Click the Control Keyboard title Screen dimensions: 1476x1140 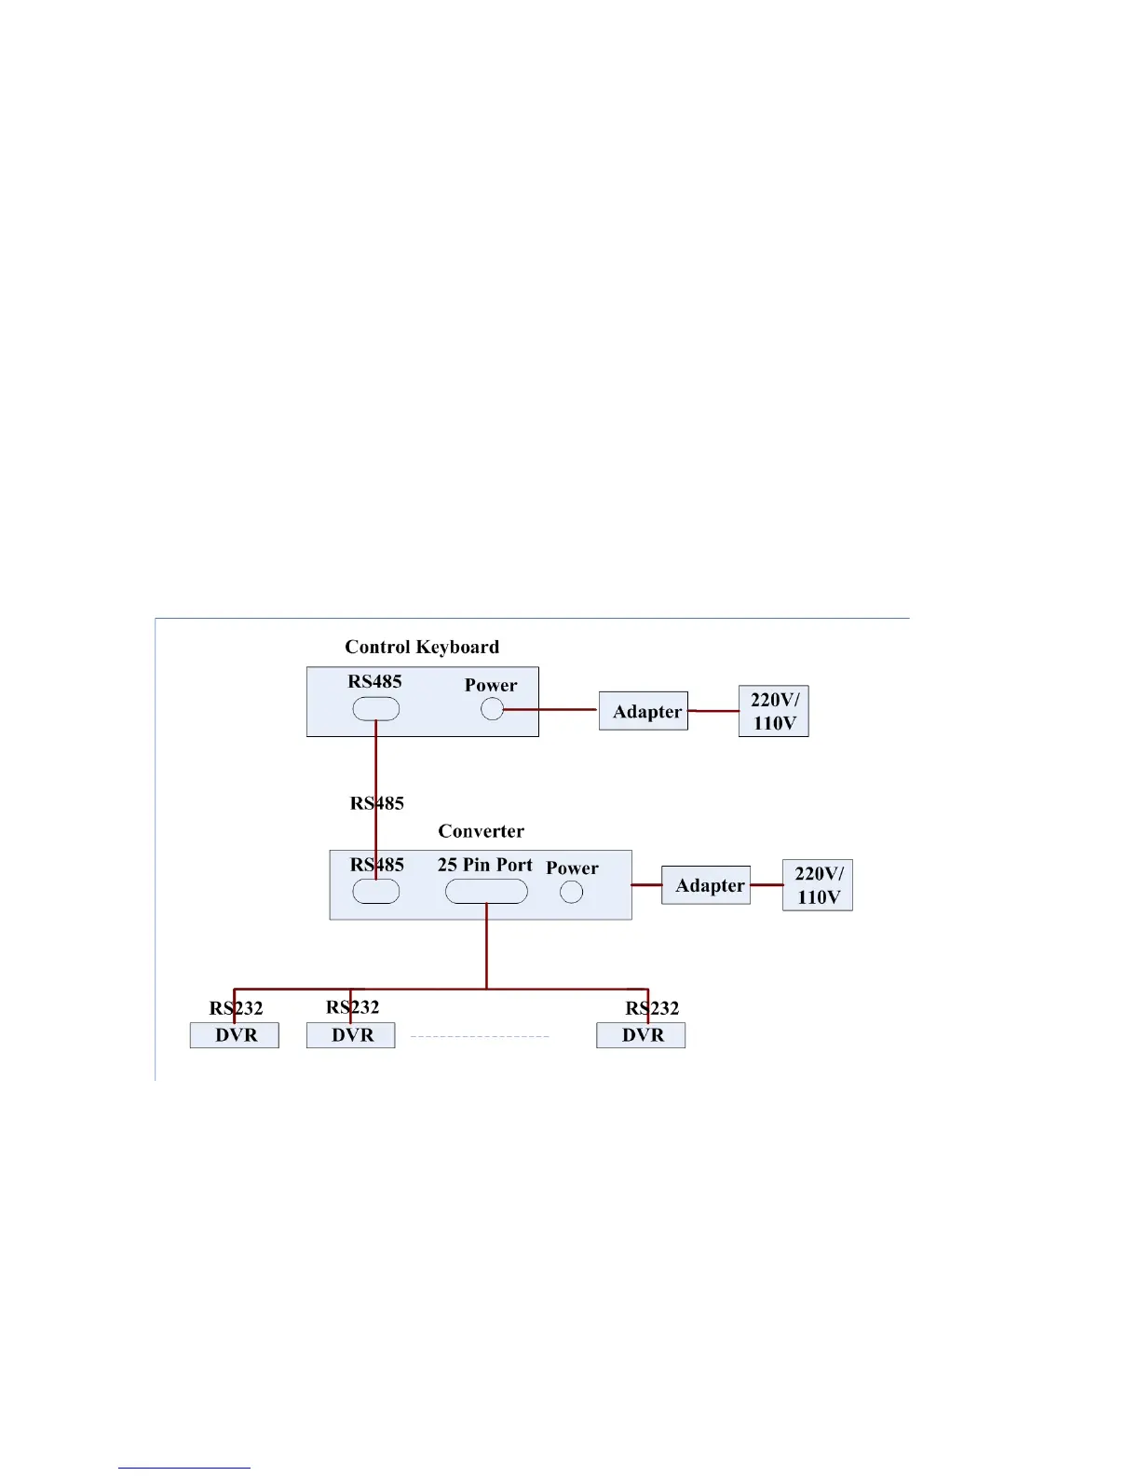pos(422,647)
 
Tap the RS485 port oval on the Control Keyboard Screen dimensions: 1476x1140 pos(375,709)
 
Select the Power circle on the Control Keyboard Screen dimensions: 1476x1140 pos(492,710)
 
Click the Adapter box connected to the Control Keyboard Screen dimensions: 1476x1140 pos(644,711)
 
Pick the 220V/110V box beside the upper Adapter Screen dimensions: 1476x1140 pos(774,711)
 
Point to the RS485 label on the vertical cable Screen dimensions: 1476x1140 pos(376,803)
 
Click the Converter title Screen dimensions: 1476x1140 pos(481,831)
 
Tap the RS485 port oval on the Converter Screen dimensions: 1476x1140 pos(375,892)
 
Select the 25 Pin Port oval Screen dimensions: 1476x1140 pos(486,892)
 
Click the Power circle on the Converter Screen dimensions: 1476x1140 pos(571,892)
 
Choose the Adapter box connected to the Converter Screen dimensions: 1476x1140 pos(706,885)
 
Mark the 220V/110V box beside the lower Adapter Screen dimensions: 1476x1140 pos(818,885)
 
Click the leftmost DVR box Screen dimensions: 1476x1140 pos(235,1035)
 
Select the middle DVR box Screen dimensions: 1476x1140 pos(351,1035)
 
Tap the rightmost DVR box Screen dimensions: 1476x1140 pos(641,1035)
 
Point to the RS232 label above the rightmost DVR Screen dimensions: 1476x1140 pos(652,1008)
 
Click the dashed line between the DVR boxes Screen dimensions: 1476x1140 pos(480,1036)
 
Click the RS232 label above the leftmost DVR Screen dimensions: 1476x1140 pos(236,1008)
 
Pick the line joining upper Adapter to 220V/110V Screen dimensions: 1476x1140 pos(713,711)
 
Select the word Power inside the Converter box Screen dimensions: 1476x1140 pos(572,868)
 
